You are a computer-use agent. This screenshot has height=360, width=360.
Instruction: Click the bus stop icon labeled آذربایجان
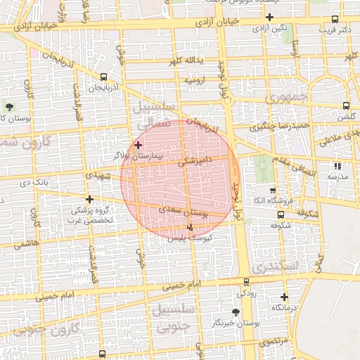pyautogui.click(x=103, y=77)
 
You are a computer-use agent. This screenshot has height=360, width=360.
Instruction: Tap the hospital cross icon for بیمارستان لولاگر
pyautogui.click(x=138, y=144)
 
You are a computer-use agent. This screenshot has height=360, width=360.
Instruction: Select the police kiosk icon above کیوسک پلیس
pyautogui.click(x=191, y=227)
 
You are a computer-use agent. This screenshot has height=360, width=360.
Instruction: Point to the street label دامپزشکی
pyautogui.click(x=191, y=161)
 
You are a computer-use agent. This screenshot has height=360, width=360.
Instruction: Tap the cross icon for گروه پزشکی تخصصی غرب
pyautogui.click(x=89, y=199)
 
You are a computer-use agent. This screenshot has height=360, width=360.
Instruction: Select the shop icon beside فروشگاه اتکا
pyautogui.click(x=273, y=191)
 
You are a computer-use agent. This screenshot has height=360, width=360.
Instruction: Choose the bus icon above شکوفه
pyautogui.click(x=281, y=215)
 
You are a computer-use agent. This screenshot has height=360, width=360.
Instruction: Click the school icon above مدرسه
pyautogui.click(x=337, y=167)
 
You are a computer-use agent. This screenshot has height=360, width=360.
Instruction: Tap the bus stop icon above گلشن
pyautogui.click(x=345, y=105)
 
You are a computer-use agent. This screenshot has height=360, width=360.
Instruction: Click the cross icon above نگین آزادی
pyautogui.click(x=269, y=17)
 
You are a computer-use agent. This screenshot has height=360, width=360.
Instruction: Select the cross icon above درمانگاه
pyautogui.click(x=284, y=297)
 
